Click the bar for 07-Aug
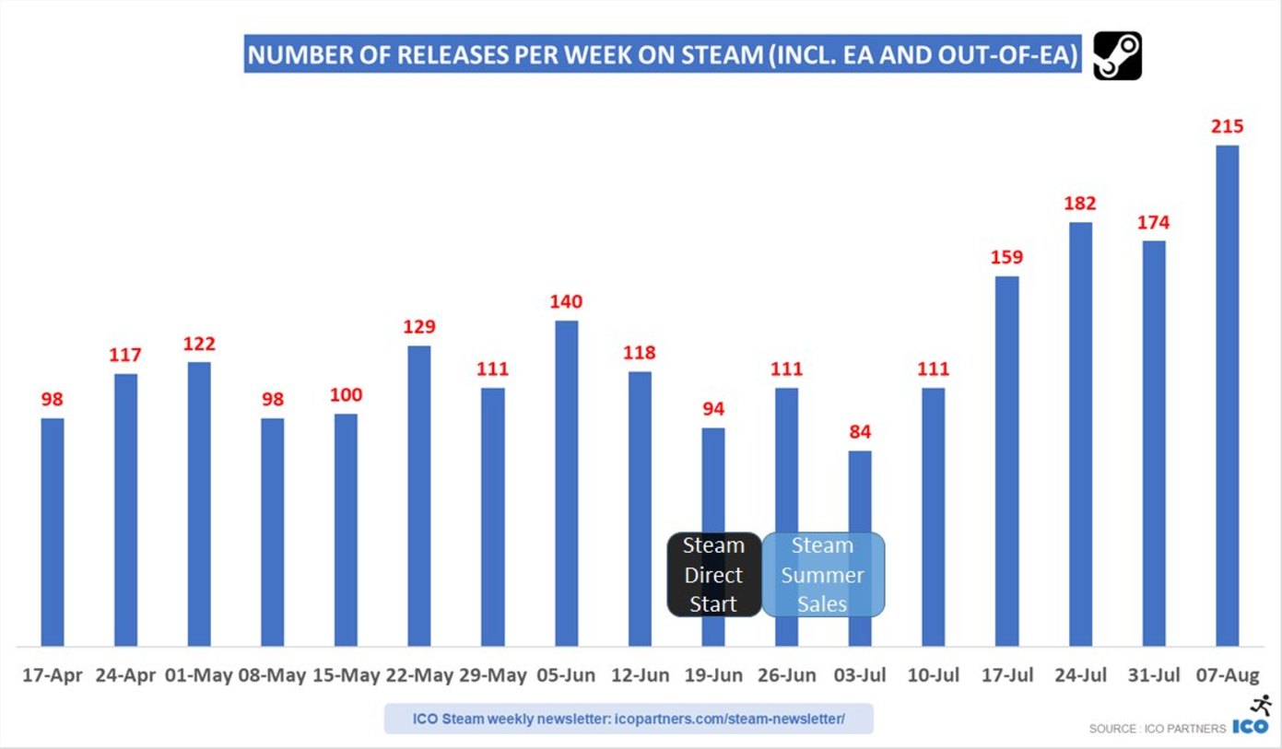coord(1227,395)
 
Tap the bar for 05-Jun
coord(566,483)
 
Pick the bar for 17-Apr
coord(53,532)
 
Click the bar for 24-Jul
coord(1080,434)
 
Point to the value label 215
coord(1227,126)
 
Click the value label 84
coord(860,431)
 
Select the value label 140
coord(566,301)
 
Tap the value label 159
coord(1006,257)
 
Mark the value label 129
coord(419,326)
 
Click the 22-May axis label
coord(419,675)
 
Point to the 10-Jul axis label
coord(933,675)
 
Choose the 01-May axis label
coord(199,675)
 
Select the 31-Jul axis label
coord(1153,675)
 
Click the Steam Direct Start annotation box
coord(714,574)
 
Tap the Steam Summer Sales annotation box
coord(822,574)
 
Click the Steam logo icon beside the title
coord(1117,55)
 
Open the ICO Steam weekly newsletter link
coord(628,719)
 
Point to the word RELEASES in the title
coord(445,55)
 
